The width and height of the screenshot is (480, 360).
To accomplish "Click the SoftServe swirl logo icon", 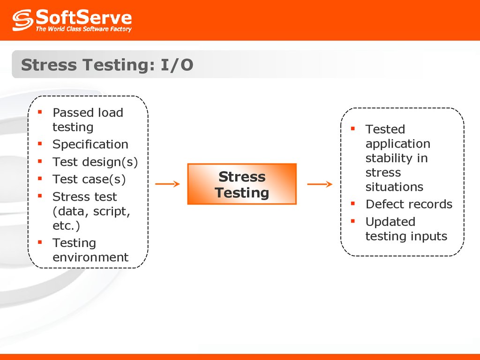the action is [x=22, y=20].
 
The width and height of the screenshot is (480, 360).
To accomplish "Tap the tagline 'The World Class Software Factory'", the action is [x=83, y=29].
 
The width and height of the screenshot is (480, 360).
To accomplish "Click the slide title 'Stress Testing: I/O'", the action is [x=107, y=65].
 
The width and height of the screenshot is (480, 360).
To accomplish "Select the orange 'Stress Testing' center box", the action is [x=242, y=184].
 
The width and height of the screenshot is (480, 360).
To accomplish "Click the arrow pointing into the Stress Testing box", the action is [x=167, y=184].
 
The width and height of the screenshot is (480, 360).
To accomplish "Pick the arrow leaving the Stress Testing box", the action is [x=320, y=184].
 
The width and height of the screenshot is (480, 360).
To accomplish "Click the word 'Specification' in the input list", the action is [x=90, y=144].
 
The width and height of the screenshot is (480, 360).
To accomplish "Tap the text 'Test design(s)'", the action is [x=95, y=162].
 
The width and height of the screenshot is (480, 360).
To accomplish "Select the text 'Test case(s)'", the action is [x=89, y=179].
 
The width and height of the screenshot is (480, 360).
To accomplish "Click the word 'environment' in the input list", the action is [x=90, y=257].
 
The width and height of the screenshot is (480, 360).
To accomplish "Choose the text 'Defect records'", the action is [x=409, y=204].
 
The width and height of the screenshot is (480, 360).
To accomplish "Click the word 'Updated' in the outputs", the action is [x=390, y=222].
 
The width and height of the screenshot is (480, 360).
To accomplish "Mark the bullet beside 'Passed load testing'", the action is [x=40, y=112].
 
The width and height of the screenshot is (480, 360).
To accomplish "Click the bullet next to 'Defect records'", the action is [x=352, y=203].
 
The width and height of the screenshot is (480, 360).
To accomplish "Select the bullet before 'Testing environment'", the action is [x=40, y=242].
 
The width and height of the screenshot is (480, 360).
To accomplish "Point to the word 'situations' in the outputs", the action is [x=394, y=187].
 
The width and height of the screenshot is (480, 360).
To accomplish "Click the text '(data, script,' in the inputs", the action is [x=91, y=211].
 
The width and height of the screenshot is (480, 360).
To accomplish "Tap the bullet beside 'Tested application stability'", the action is [x=352, y=128].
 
